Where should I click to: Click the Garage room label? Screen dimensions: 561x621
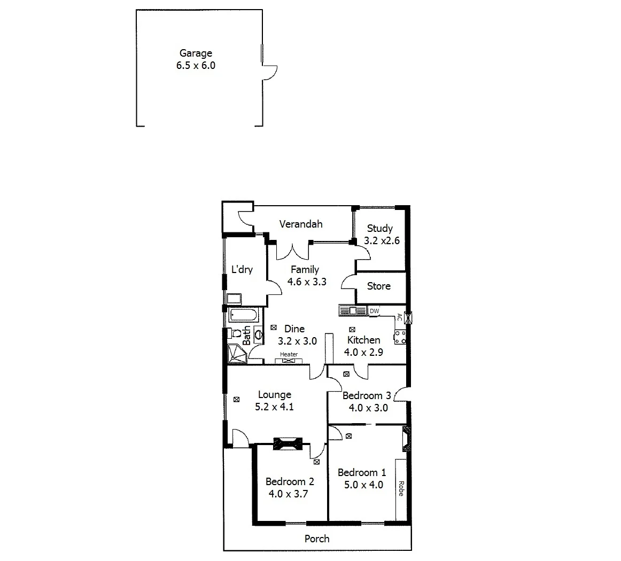(196, 53)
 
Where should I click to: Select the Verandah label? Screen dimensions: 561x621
(301, 224)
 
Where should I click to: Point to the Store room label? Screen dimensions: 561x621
(378, 286)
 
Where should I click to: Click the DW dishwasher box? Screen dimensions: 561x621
(375, 311)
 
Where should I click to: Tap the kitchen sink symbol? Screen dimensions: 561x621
(352, 310)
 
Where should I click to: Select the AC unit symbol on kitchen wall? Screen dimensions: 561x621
(409, 317)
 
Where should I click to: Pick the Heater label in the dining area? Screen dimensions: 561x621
(289, 355)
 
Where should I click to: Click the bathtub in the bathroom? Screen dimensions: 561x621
(244, 315)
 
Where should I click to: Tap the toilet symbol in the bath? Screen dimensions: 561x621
(235, 334)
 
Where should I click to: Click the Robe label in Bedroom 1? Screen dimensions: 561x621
(400, 489)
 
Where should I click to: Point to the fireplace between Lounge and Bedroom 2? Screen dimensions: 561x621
(288, 443)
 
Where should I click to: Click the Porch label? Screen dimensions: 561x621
(317, 539)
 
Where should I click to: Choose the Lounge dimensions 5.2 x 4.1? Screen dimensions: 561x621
(275, 407)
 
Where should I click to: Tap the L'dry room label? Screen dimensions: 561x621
(242, 270)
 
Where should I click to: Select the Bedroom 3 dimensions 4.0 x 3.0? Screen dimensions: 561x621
(368, 408)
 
